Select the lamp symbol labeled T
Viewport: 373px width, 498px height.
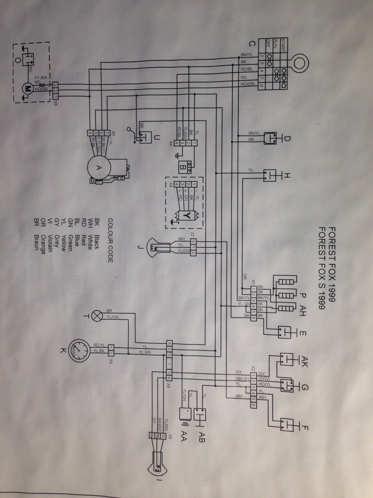tap(98, 316)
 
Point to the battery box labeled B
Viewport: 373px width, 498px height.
tap(186, 167)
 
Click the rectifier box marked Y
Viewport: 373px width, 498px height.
tap(188, 216)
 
